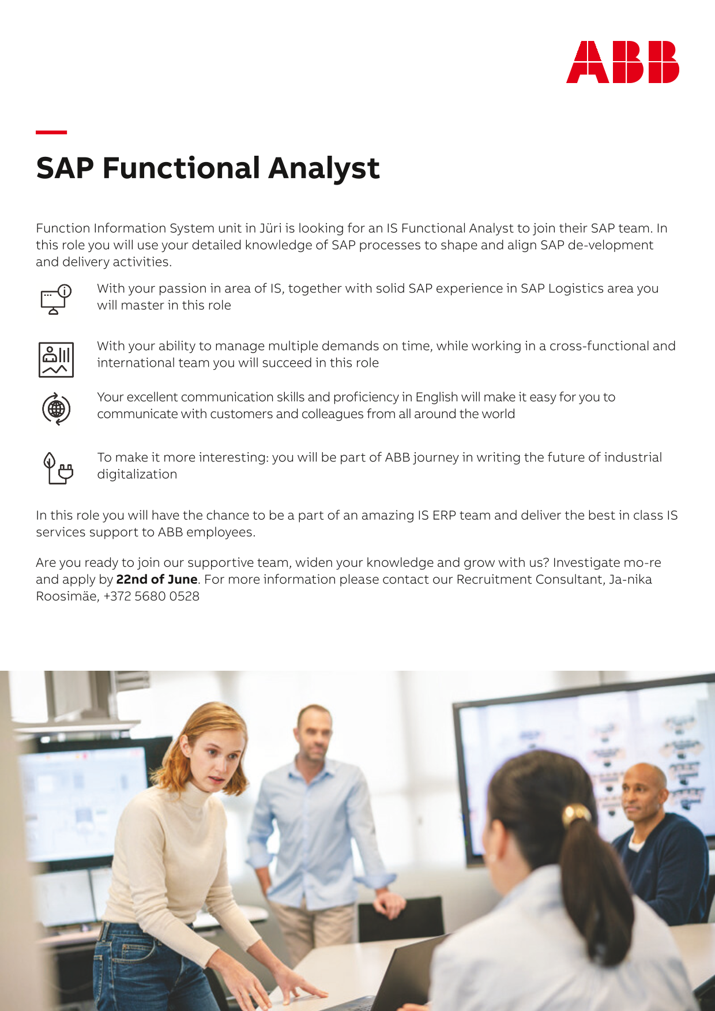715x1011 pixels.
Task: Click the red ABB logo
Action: tap(623, 62)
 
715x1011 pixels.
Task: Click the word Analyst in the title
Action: tap(323, 169)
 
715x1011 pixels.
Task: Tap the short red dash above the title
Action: tap(51, 132)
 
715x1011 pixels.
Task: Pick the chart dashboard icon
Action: tap(56, 360)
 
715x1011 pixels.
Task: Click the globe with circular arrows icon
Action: tap(57, 409)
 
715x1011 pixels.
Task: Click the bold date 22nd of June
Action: tap(157, 579)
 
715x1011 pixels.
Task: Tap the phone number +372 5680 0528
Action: tap(151, 596)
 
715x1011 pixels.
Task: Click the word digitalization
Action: tap(137, 474)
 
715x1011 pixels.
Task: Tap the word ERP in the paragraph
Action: tap(444, 515)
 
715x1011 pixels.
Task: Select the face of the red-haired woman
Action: tap(215, 760)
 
